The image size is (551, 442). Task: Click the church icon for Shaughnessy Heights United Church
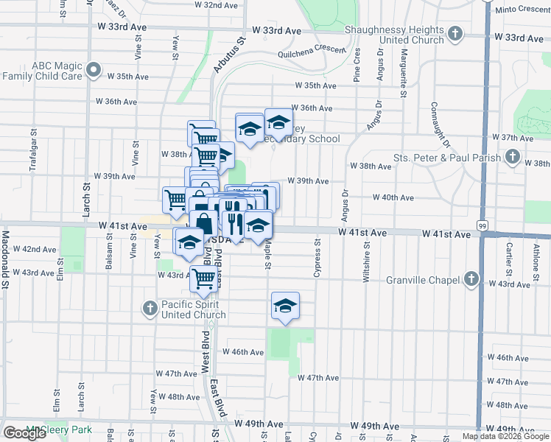(x=456, y=33)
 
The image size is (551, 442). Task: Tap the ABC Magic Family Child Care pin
(x=94, y=70)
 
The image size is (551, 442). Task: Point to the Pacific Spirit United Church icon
(x=150, y=307)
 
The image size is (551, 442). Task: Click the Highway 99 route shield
(x=481, y=224)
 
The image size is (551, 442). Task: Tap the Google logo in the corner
(x=24, y=433)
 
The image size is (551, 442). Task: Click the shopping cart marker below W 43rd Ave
(x=203, y=279)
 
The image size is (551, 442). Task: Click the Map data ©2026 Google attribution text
(x=505, y=436)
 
